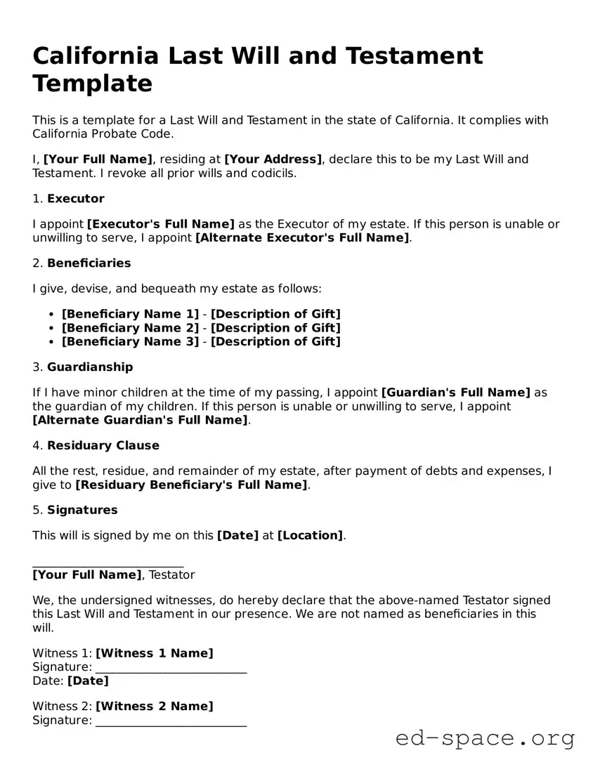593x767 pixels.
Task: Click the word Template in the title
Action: pyautogui.click(x=92, y=84)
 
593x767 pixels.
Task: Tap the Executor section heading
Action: pyautogui.click(x=75, y=199)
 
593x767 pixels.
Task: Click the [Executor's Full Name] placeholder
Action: pyautogui.click(x=160, y=224)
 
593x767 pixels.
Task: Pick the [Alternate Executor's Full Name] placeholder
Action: pyautogui.click(x=302, y=237)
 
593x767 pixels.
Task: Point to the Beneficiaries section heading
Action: pyautogui.click(x=89, y=263)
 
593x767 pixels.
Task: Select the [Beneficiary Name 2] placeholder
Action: pyautogui.click(x=130, y=328)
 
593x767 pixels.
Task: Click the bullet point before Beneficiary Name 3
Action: pyautogui.click(x=53, y=342)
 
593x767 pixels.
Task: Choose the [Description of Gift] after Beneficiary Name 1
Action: pyautogui.click(x=275, y=314)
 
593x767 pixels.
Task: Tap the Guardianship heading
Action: pyautogui.click(x=89, y=367)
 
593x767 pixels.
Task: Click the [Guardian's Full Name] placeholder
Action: pyautogui.click(x=455, y=393)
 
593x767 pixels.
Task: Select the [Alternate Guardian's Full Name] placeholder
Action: pyautogui.click(x=141, y=420)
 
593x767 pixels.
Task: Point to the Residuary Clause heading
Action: pyautogui.click(x=103, y=445)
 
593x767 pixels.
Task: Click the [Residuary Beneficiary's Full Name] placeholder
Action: pyautogui.click(x=191, y=485)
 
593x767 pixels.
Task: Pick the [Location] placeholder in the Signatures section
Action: pyautogui.click(x=310, y=535)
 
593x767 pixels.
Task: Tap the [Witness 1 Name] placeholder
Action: pyautogui.click(x=154, y=653)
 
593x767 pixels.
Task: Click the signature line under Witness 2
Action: pyautogui.click(x=171, y=722)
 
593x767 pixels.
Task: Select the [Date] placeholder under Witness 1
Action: pyautogui.click(x=88, y=681)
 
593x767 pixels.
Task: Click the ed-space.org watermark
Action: pyautogui.click(x=485, y=739)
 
